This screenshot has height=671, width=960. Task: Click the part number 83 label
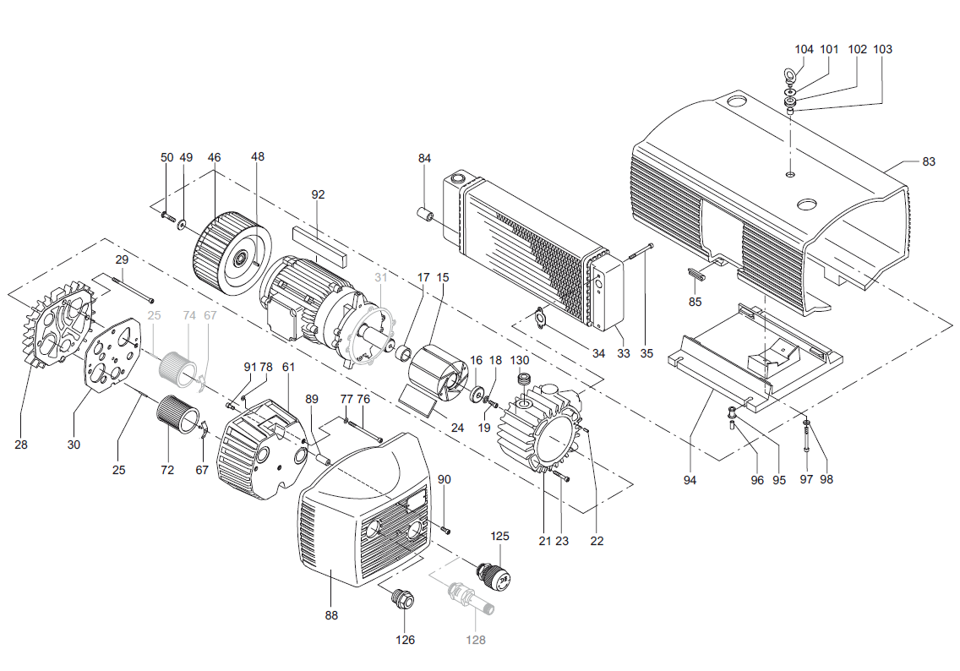click(928, 161)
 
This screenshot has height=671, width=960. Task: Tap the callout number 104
click(804, 49)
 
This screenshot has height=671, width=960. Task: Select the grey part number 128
click(475, 640)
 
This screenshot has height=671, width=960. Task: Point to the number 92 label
click(318, 194)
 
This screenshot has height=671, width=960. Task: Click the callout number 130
click(519, 360)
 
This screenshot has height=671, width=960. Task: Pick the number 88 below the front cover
click(331, 615)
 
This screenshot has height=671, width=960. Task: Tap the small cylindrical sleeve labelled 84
click(425, 216)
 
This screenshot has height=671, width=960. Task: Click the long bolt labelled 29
click(133, 290)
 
